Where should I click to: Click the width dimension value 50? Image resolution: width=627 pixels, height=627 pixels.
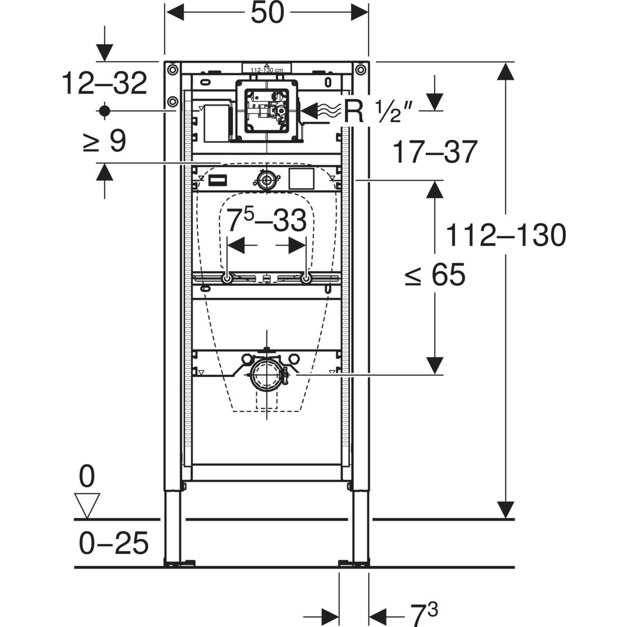267,14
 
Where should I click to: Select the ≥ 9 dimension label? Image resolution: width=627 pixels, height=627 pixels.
104,141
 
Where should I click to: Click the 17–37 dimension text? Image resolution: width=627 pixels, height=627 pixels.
435,152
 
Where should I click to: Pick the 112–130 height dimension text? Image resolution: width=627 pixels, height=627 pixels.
505,236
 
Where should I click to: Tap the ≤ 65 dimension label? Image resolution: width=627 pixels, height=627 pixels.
435,275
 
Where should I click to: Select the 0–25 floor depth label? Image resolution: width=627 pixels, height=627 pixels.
114,543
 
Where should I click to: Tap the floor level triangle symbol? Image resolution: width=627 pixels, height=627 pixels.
87,505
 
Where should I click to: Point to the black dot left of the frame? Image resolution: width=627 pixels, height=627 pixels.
104,110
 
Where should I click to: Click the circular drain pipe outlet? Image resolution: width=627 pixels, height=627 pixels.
267,374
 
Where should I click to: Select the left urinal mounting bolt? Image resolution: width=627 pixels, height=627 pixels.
228,279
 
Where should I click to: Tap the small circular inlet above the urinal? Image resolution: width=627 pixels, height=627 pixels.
267,181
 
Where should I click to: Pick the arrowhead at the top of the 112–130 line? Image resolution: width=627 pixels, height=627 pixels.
504,71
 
